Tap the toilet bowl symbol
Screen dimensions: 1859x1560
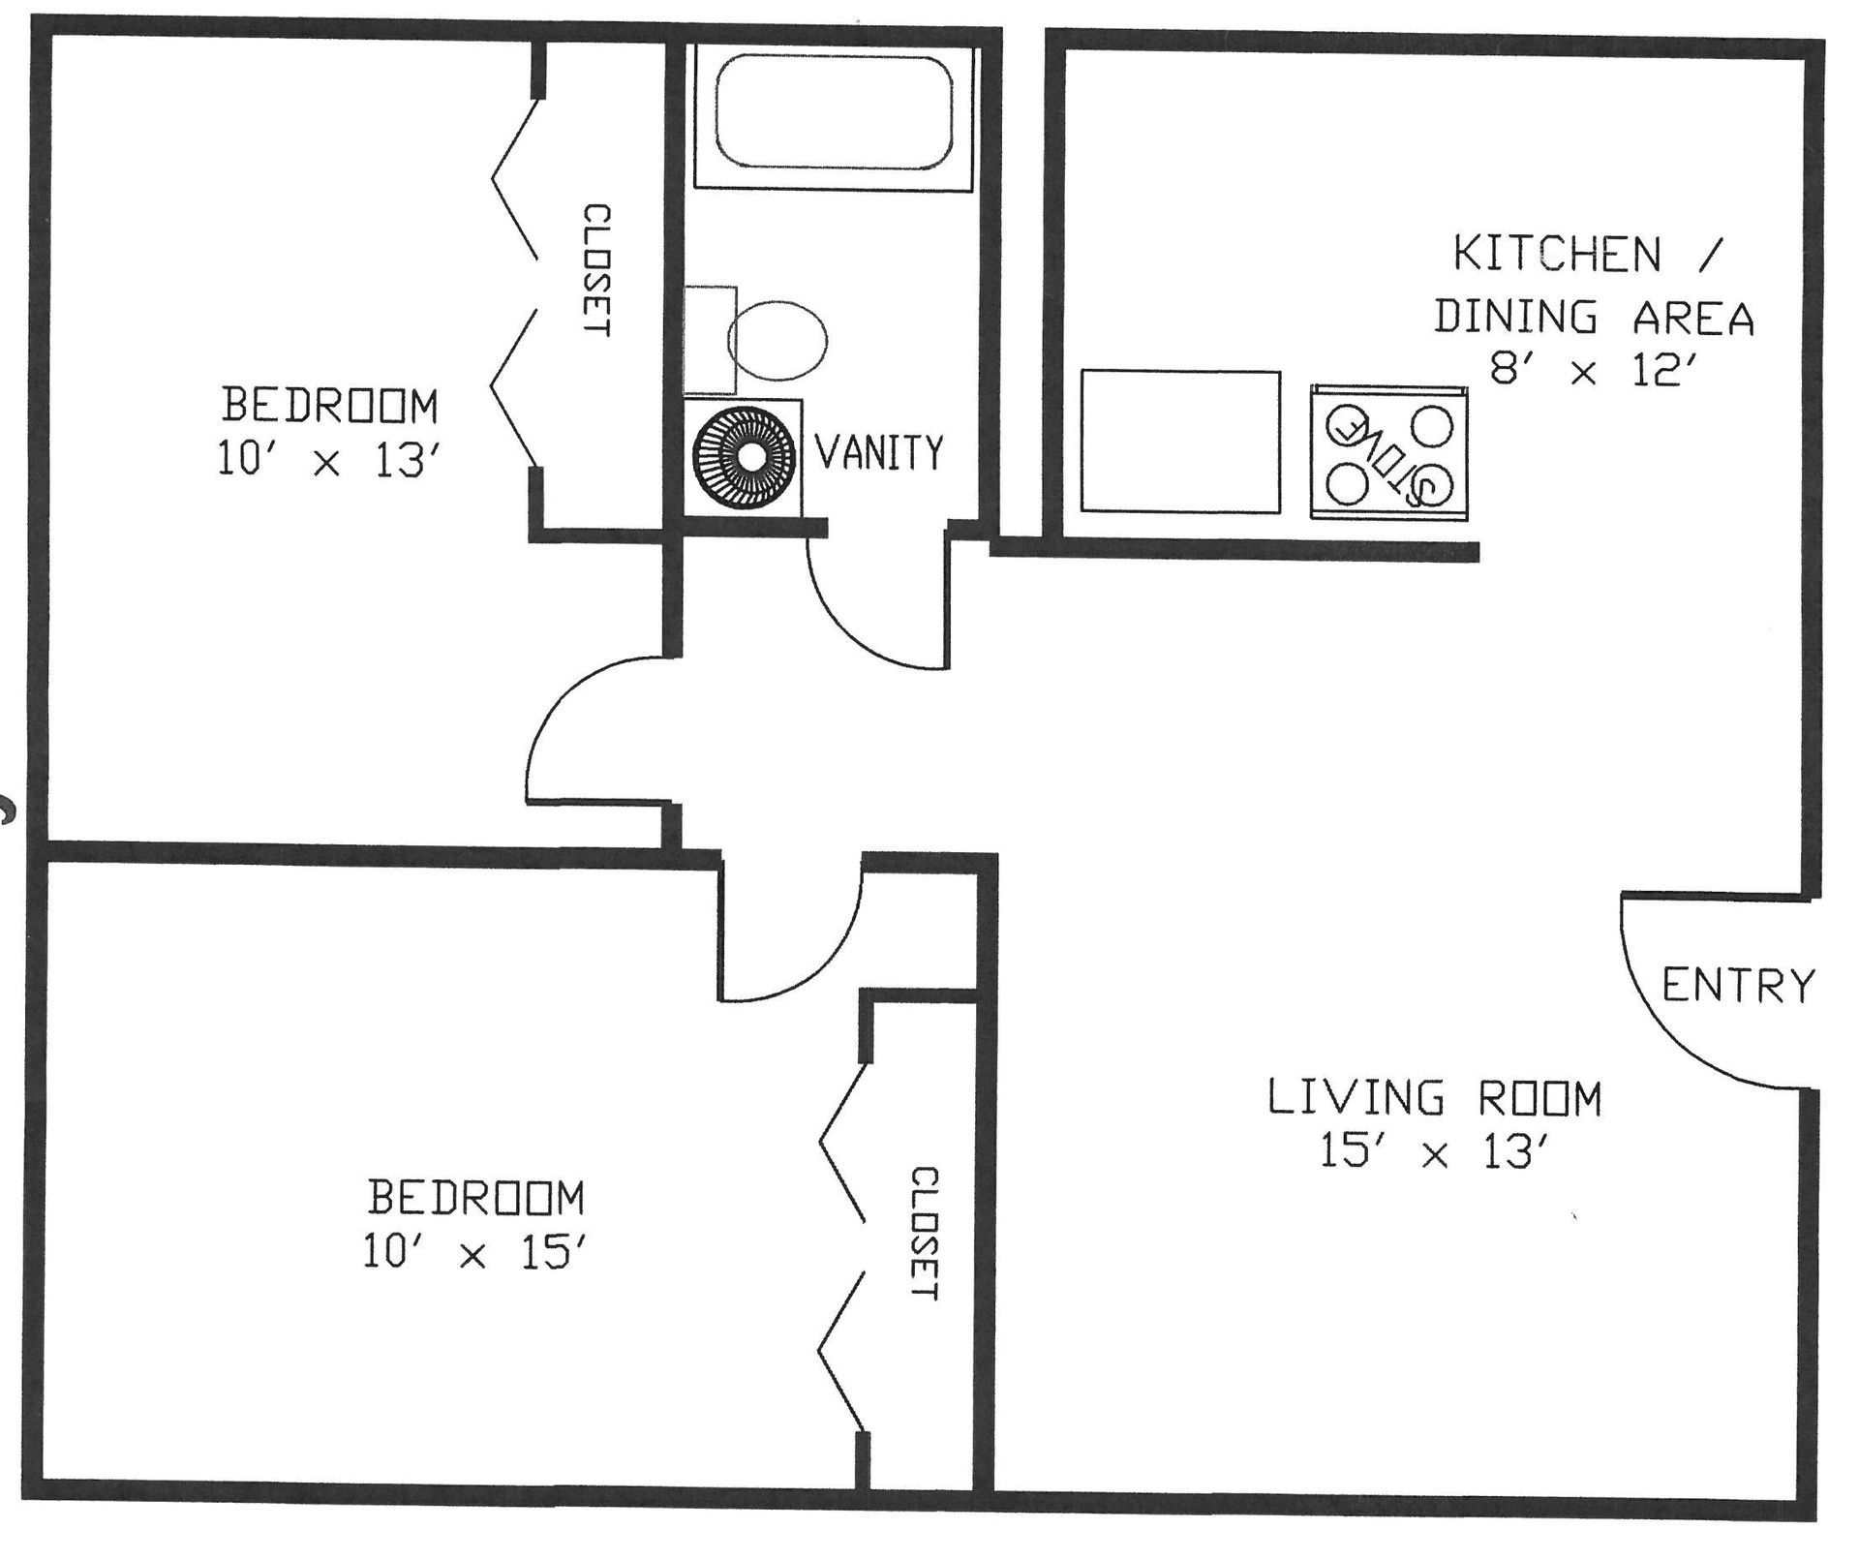[x=777, y=340]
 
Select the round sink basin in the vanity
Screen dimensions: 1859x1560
[x=743, y=454]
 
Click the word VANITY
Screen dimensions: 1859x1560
[x=879, y=453]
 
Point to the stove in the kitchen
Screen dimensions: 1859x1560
[x=1388, y=452]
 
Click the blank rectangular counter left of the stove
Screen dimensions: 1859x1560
[x=1180, y=442]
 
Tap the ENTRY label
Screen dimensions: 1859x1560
[x=1738, y=986]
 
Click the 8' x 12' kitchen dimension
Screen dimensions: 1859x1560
[x=1594, y=369]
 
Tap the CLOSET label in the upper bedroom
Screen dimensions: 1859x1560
[x=596, y=270]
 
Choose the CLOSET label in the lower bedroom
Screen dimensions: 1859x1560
[x=925, y=1235]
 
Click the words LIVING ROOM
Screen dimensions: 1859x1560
[x=1435, y=1098]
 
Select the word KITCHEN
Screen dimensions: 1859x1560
[x=1557, y=255]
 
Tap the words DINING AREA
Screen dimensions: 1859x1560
[x=1594, y=318]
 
